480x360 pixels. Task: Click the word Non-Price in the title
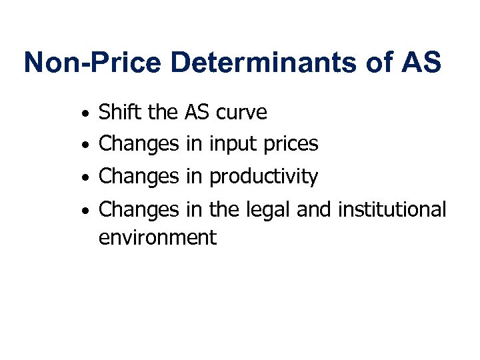tap(92, 63)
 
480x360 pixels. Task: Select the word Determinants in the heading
tap(264, 63)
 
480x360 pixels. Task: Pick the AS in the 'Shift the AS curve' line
tap(197, 112)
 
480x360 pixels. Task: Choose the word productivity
tap(263, 177)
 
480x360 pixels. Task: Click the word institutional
tap(392, 209)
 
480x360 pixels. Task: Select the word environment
tap(157, 237)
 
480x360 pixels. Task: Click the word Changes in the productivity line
tap(139, 177)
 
